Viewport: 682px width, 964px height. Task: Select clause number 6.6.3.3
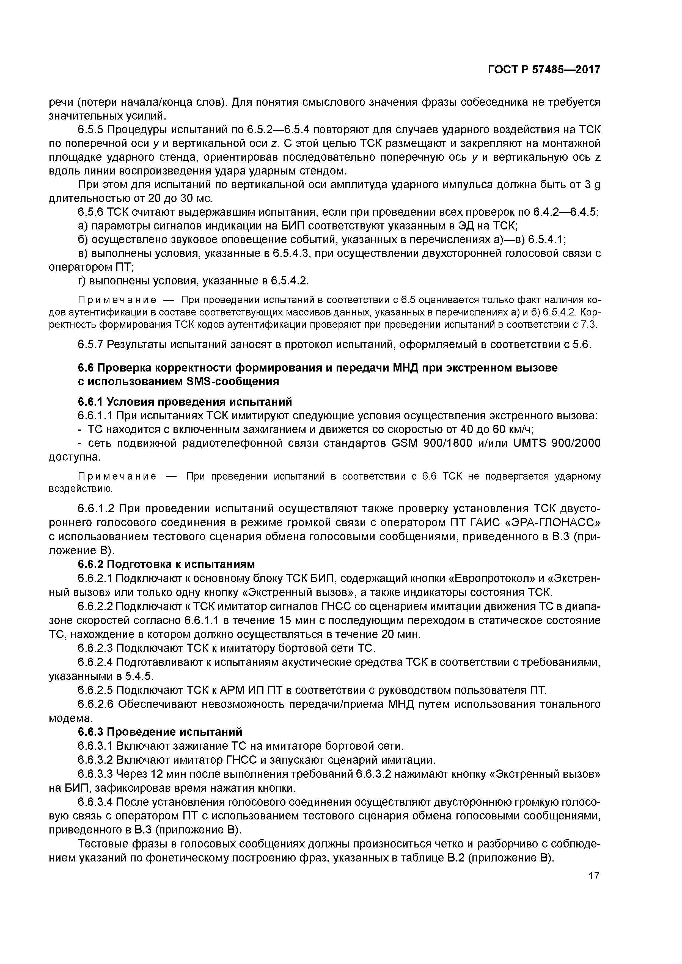coord(95,774)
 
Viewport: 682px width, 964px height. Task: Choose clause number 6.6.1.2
coord(95,509)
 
